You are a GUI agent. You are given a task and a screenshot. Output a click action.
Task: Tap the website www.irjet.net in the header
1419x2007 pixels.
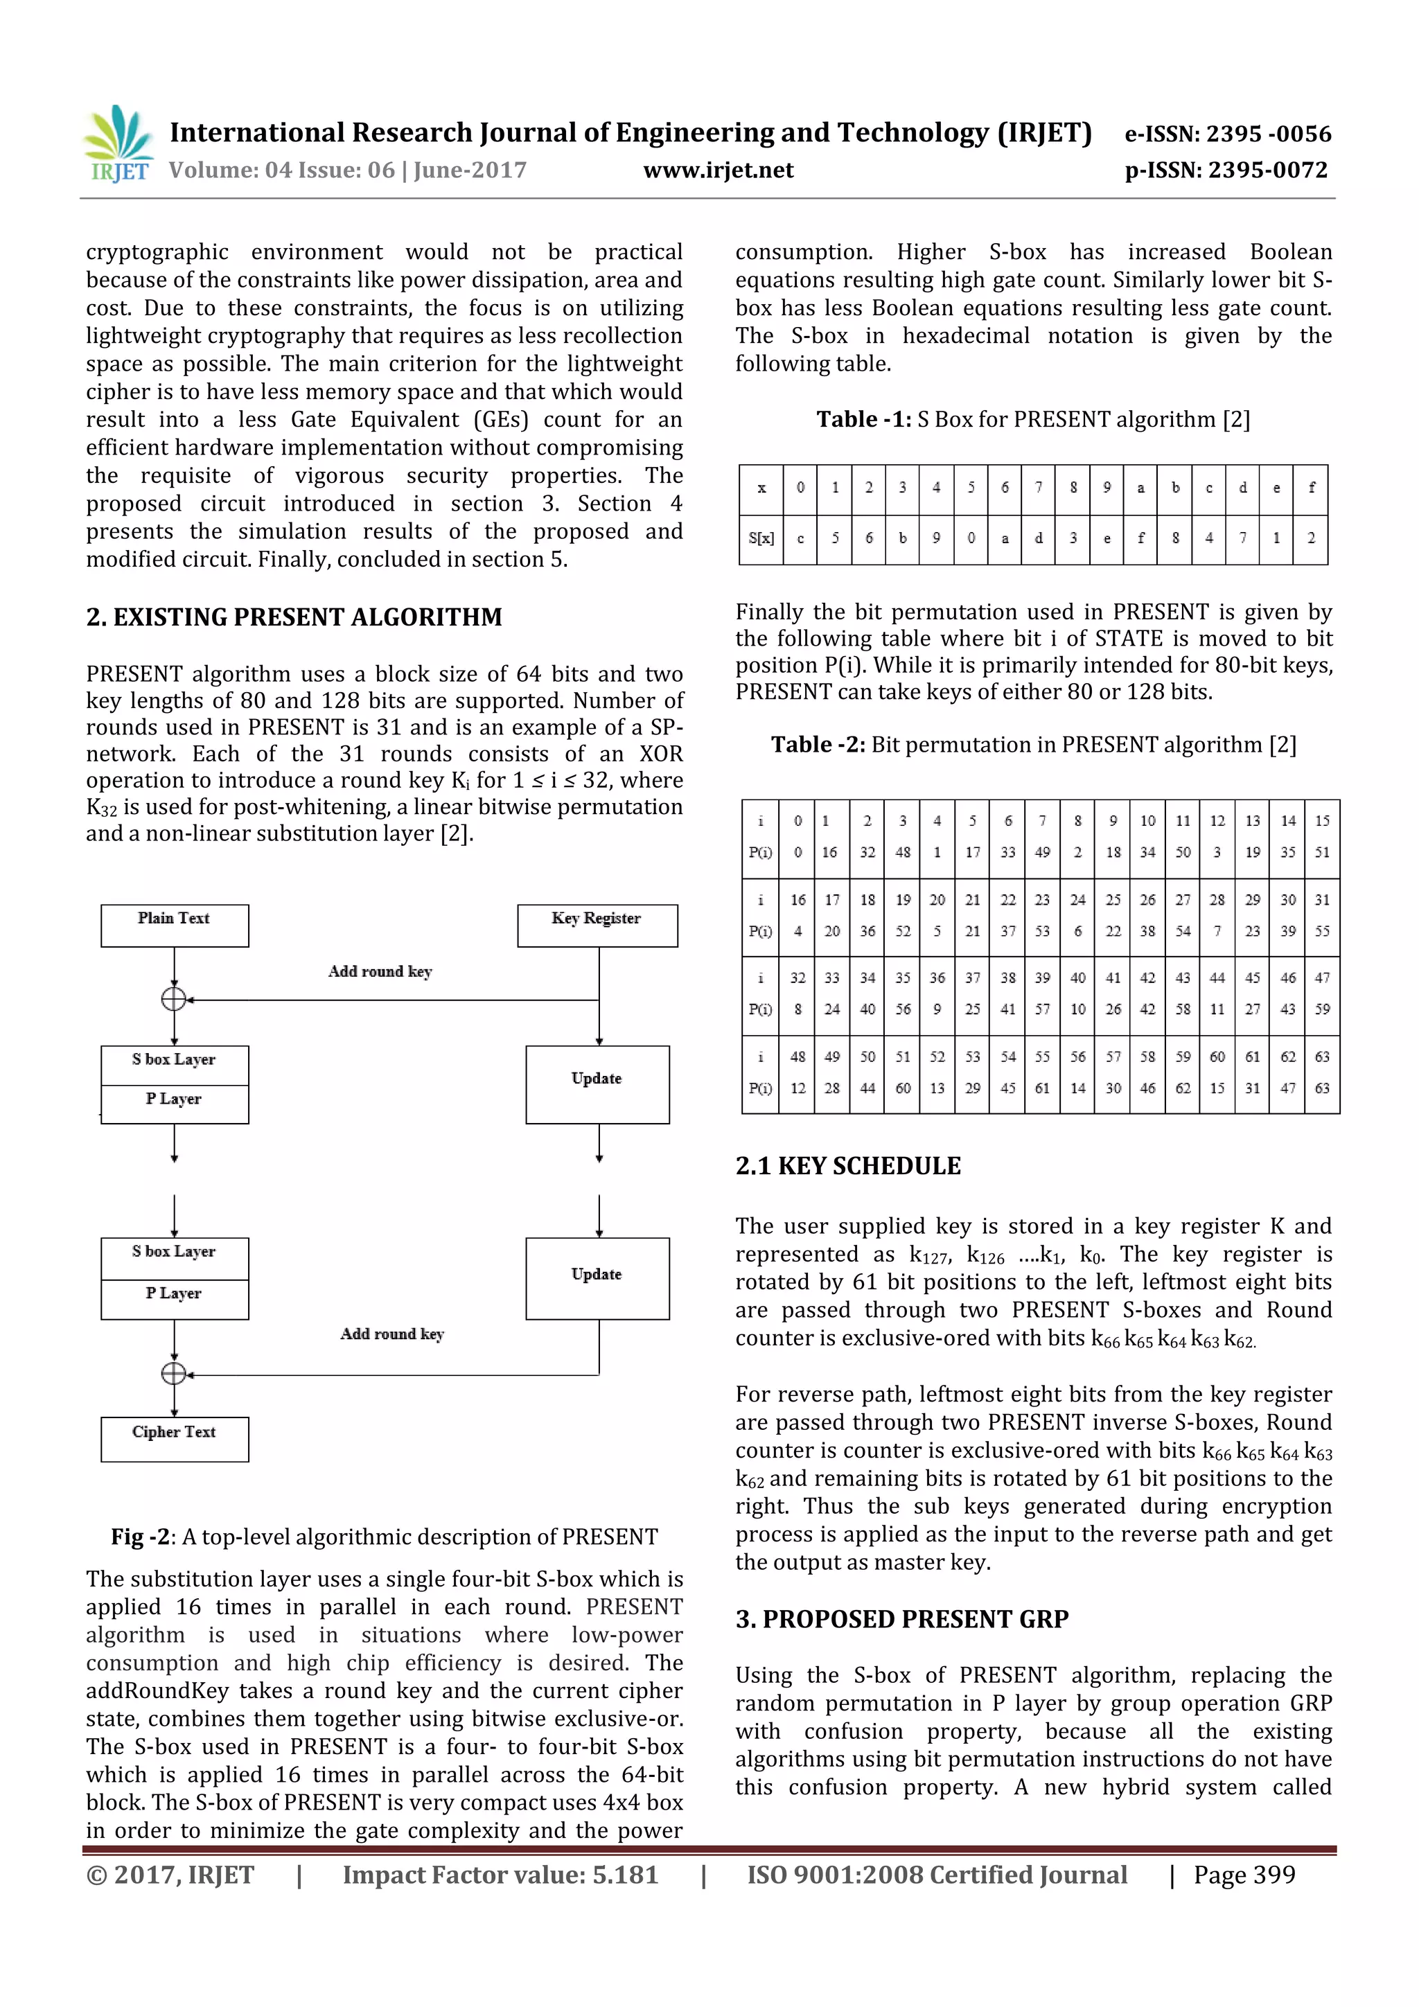(718, 170)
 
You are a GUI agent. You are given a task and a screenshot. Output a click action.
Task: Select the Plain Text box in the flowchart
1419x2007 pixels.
(174, 925)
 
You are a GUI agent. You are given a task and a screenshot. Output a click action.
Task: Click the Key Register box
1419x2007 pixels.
(597, 925)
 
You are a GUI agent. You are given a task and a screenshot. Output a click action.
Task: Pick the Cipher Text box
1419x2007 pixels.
(174, 1438)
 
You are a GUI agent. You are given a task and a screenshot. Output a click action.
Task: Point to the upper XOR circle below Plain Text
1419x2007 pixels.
(174, 998)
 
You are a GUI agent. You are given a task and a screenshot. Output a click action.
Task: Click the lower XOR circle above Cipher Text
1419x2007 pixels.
(174, 1373)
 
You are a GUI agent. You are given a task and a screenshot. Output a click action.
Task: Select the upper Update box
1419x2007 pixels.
(597, 1084)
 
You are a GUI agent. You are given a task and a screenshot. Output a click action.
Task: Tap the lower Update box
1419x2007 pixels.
(597, 1278)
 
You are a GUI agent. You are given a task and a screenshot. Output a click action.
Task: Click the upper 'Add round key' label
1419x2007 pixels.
(380, 971)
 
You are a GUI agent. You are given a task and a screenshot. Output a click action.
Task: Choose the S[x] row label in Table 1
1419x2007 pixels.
(761, 538)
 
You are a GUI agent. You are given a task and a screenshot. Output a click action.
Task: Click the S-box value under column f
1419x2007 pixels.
(1311, 538)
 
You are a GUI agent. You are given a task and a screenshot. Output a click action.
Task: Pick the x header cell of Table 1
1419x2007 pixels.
(761, 488)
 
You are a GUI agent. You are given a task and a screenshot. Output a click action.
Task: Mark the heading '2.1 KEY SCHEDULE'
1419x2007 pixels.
(847, 1166)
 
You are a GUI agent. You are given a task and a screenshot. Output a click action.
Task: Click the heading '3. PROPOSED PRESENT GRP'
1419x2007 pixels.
(901, 1619)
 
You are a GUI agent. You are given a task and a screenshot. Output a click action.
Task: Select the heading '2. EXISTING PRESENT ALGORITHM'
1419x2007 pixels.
(294, 617)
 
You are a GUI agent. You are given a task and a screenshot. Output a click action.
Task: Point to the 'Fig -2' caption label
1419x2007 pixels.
(143, 1537)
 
